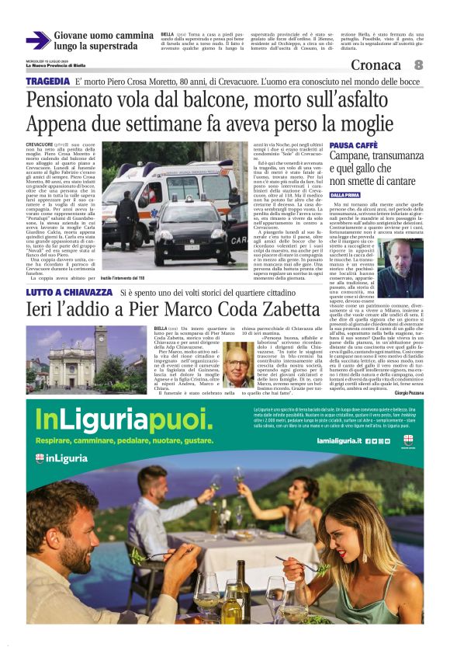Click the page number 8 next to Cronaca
(x=418, y=65)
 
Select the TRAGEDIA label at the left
(x=47, y=82)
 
